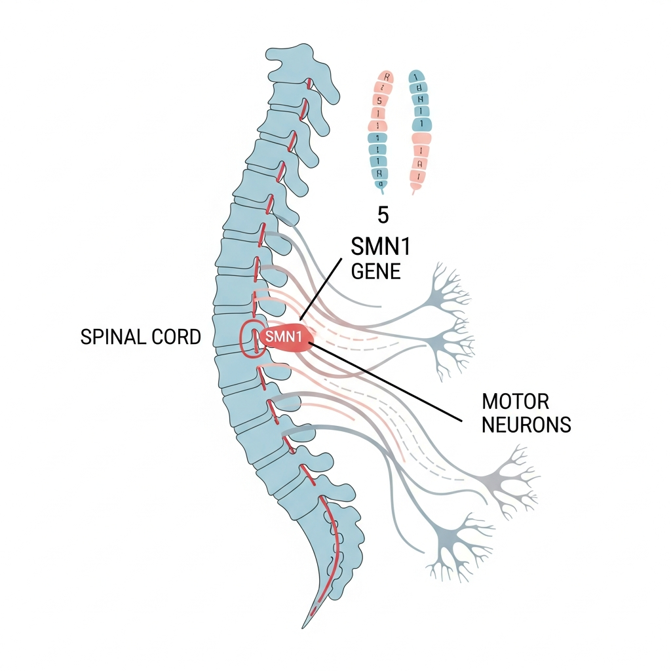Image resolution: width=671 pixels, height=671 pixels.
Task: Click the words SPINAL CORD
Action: (x=140, y=337)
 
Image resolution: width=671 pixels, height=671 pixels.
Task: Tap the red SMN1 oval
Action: (x=286, y=337)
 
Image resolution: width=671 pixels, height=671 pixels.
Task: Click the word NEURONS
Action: (x=526, y=425)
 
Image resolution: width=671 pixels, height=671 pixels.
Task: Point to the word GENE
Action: (x=375, y=271)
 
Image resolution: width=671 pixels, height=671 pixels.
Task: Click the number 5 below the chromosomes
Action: (x=383, y=214)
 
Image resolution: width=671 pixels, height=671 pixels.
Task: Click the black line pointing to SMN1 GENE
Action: (x=321, y=288)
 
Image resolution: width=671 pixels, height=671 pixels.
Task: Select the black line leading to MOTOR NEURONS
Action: (x=387, y=380)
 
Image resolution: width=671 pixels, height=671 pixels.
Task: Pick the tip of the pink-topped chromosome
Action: (x=379, y=190)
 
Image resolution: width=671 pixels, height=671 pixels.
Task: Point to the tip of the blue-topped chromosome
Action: (x=413, y=191)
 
